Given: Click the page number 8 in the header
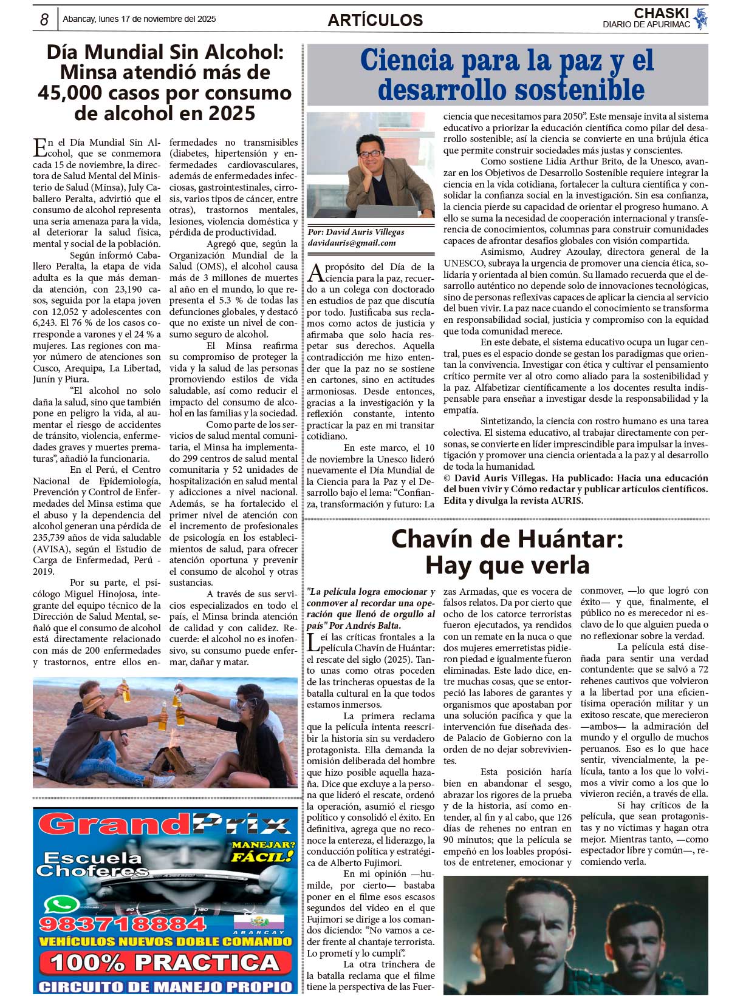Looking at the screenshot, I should click(44, 20).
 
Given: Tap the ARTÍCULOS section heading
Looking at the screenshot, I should click(375, 20).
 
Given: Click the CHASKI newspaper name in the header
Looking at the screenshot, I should click(661, 13).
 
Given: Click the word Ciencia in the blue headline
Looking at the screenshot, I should click(406, 61).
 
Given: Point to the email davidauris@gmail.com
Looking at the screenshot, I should click(352, 243).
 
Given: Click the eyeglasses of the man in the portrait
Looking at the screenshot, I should click(370, 154).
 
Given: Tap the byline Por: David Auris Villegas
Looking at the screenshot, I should click(356, 232).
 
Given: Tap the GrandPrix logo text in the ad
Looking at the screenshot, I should click(164, 825).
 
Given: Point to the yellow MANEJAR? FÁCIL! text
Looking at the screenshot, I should click(262, 851).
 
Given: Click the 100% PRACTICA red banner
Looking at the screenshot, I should click(165, 963).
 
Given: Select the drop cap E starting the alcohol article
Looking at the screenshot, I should click(40, 147).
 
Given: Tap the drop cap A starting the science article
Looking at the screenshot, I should click(315, 273).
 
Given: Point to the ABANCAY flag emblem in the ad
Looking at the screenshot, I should click(259, 923).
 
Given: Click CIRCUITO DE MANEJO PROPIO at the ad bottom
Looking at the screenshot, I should click(165, 986).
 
